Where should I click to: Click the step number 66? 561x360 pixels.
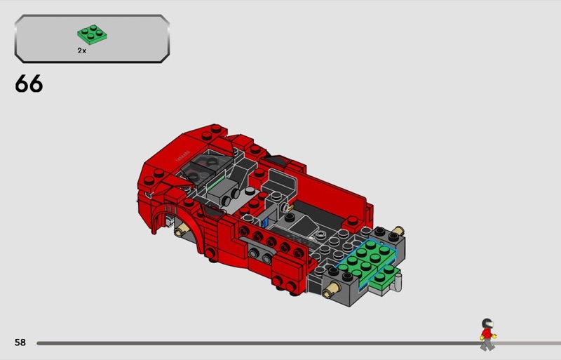tap(29, 84)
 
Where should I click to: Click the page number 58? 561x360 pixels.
tap(20, 342)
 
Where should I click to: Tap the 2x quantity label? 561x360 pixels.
tap(81, 51)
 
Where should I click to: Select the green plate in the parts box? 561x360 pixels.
tap(92, 34)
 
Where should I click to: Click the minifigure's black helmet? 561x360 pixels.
tap(487, 323)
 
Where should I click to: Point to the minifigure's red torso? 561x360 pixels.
tap(486, 334)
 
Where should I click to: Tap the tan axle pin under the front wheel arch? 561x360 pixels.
tap(182, 229)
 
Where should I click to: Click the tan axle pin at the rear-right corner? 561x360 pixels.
tap(398, 230)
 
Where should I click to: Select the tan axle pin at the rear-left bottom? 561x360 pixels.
tap(331, 289)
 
